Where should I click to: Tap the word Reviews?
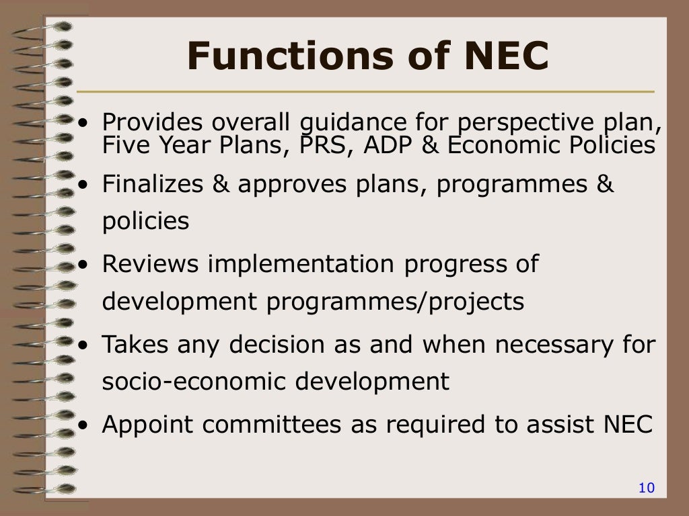coord(150,264)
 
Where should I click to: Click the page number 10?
coord(646,488)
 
